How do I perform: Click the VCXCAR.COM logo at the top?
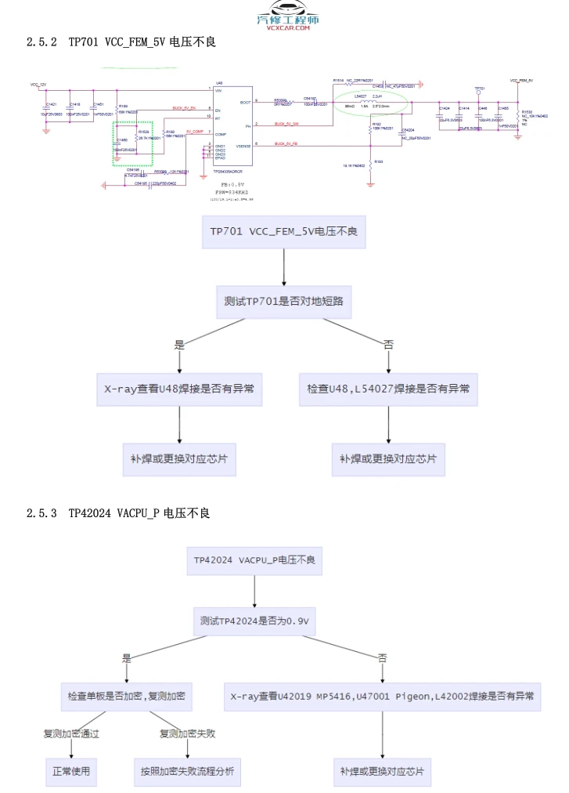[x=288, y=23]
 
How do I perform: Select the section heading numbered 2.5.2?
[x=121, y=42]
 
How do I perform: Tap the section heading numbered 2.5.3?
[x=118, y=513]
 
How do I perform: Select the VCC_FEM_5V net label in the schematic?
[x=521, y=80]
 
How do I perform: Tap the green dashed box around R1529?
[x=132, y=143]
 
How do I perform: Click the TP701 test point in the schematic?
[x=479, y=89]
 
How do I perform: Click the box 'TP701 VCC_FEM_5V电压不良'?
[x=283, y=233]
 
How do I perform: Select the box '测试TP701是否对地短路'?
[x=283, y=301]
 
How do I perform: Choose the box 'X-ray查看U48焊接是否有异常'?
[x=179, y=389]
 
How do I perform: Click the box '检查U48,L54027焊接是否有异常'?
[x=388, y=389]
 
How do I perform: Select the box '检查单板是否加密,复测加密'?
[x=126, y=696]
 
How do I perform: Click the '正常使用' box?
[x=71, y=771]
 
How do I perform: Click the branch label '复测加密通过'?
[x=71, y=734]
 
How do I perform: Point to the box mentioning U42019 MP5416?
[x=382, y=696]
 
